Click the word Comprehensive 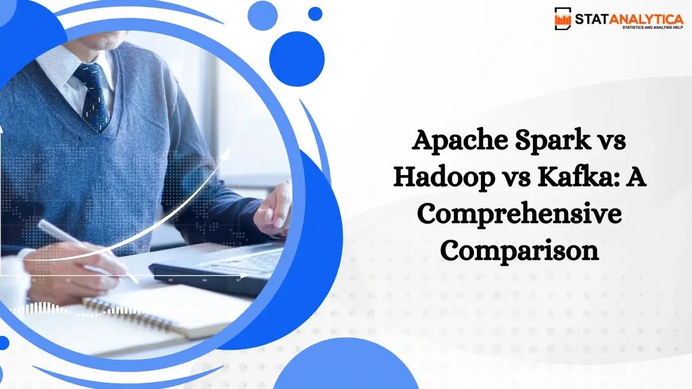[519, 215]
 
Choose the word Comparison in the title [519, 251]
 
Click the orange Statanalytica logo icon [563, 18]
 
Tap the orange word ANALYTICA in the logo [649, 18]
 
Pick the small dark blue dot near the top [315, 13]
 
